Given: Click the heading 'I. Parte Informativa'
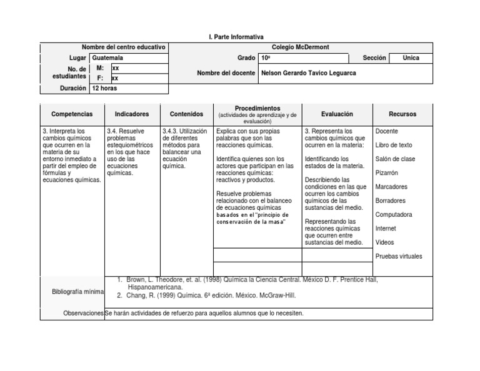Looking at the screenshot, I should [236, 37].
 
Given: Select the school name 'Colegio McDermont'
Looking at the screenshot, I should [300, 47].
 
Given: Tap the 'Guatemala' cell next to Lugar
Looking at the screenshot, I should [107, 58].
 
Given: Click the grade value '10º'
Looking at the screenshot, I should [266, 58].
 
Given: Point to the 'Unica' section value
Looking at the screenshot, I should [411, 58].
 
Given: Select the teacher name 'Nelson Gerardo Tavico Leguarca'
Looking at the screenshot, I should [308, 73].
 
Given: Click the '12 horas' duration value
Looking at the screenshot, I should [104, 89].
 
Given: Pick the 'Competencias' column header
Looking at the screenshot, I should [72, 114].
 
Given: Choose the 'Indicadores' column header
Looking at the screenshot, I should [132, 114].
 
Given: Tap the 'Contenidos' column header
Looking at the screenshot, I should [186, 114].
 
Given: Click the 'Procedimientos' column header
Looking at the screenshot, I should [257, 109].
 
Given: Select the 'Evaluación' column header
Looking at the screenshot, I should [337, 114].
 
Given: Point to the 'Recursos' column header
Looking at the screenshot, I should [402, 114].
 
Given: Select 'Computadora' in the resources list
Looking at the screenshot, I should [394, 215].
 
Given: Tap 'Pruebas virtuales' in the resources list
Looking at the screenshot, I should [399, 257].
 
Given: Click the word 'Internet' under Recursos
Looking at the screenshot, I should [386, 229].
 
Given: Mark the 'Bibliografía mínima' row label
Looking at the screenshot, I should [77, 292].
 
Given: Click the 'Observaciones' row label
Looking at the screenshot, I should [83, 313].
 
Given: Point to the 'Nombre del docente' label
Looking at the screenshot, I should [226, 73].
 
